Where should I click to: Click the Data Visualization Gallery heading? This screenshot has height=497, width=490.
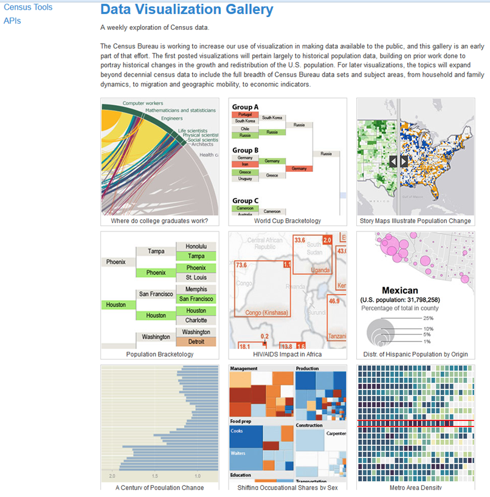point(187,10)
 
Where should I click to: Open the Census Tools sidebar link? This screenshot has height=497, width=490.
point(28,7)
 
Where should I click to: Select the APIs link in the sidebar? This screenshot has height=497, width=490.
point(12,21)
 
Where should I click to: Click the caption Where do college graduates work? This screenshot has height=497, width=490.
point(159,221)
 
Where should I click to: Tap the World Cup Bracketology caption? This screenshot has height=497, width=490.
point(288,221)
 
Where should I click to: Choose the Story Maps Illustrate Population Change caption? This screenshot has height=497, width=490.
point(415,221)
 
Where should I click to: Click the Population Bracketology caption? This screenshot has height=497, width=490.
point(159,354)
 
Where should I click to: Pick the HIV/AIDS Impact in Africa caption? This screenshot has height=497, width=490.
point(288,354)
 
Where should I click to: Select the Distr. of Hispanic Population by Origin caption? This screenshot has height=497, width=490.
point(415,354)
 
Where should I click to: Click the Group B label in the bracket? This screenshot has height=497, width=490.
point(246,150)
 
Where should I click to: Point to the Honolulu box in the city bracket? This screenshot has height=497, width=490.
point(196,247)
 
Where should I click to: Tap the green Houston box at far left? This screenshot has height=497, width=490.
point(118,304)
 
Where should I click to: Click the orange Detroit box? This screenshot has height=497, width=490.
point(196,341)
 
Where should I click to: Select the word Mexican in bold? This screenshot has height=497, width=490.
point(399,290)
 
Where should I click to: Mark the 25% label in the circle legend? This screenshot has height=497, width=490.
point(428,318)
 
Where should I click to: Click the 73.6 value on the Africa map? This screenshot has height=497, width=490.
point(241,265)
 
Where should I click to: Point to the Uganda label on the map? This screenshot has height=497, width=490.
point(320,269)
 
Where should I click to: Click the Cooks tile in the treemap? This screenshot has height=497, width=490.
point(237,431)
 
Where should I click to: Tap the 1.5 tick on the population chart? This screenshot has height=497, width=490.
point(155,476)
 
